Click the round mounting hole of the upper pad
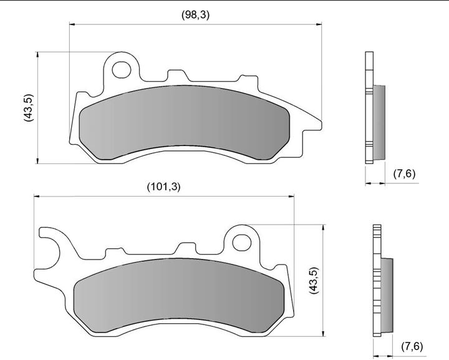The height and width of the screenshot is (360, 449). pos(122,70)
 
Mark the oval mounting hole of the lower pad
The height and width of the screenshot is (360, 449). pos(242,243)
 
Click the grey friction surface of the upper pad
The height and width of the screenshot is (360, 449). pos(185,122)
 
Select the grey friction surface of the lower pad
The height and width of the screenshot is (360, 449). pos(179,295)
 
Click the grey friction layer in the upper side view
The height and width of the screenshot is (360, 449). pos(379,122)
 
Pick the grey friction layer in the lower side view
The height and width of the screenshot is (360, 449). pos(387,295)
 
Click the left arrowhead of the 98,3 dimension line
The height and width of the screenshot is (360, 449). pos(72,24)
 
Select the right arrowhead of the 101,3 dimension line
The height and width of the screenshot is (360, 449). pos(291,196)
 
